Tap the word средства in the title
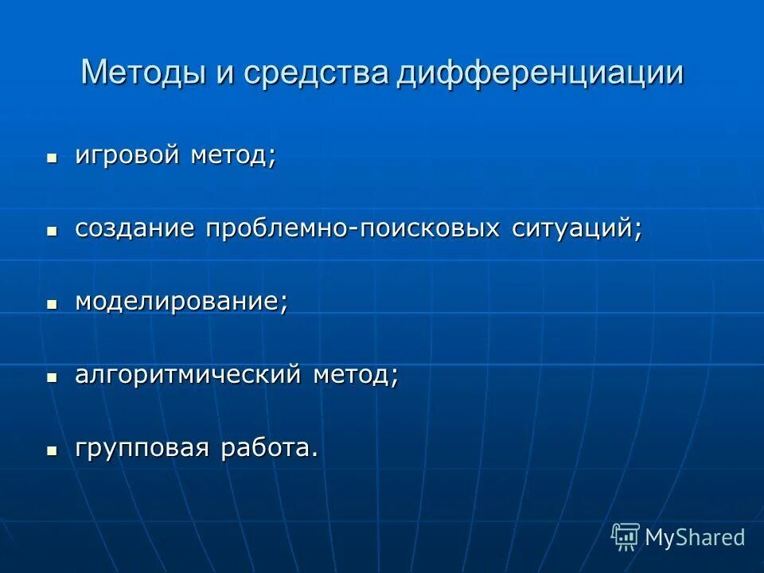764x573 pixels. (x=316, y=73)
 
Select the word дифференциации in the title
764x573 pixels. (x=540, y=73)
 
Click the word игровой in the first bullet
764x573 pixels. (x=127, y=155)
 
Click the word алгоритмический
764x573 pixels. (x=188, y=375)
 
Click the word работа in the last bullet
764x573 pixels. (x=271, y=448)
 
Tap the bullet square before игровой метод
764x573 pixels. (x=53, y=158)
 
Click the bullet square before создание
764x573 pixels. (x=53, y=231)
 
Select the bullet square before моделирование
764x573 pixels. (x=53, y=304)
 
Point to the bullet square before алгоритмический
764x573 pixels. (x=53, y=377)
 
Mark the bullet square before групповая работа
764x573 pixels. (x=53, y=450)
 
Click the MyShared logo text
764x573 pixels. (x=695, y=537)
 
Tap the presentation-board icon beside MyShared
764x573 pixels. (x=626, y=536)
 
